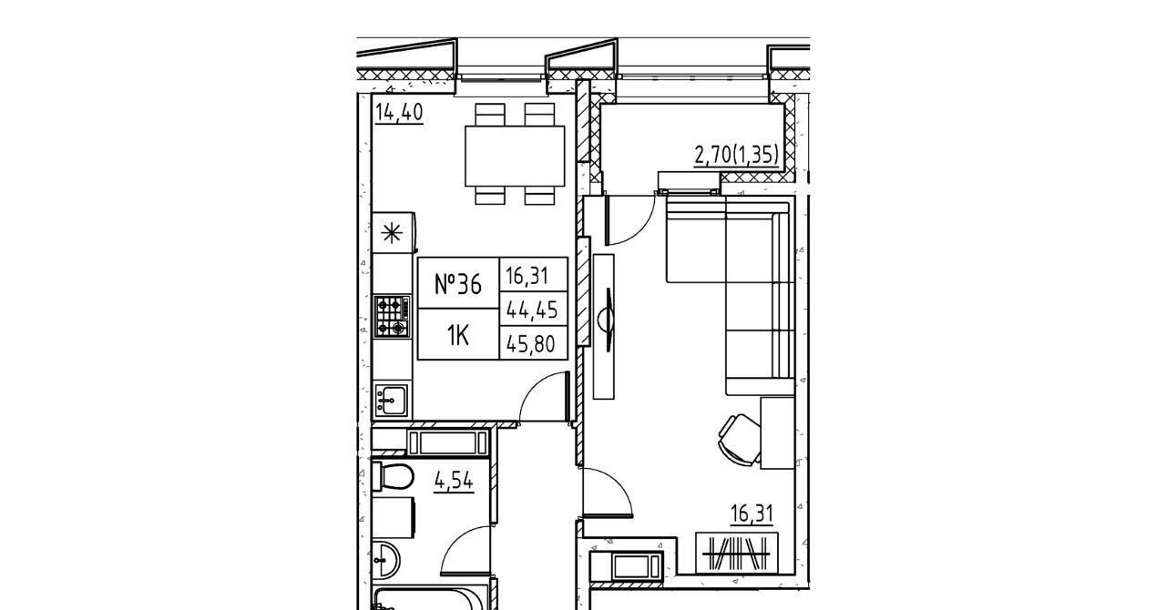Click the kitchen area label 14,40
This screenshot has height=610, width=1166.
[x=399, y=112]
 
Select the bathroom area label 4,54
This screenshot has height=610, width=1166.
[x=454, y=481]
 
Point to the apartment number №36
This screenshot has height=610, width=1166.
[x=458, y=285]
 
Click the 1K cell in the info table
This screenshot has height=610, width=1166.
[x=458, y=336]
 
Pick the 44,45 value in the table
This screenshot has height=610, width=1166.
[x=532, y=310]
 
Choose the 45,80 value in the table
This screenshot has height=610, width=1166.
[x=531, y=344]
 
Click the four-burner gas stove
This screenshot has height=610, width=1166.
[x=392, y=316]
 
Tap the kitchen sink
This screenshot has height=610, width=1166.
[x=391, y=400]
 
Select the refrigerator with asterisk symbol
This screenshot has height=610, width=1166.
[x=394, y=233]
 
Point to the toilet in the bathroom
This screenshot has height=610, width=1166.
[x=393, y=476]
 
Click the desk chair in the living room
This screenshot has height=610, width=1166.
[x=740, y=440]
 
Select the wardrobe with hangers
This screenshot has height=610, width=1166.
[x=737, y=554]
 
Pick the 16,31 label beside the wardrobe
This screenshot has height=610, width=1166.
[x=752, y=513]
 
